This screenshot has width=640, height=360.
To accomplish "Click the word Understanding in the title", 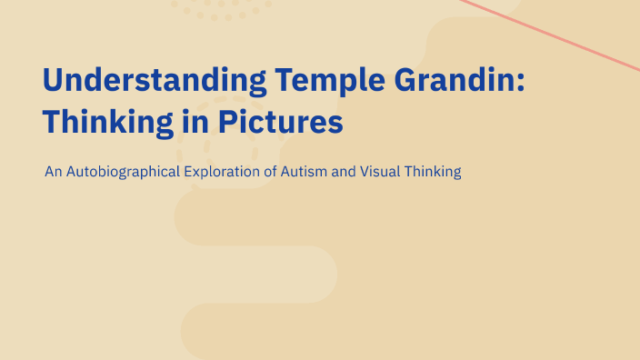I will click(x=155, y=81).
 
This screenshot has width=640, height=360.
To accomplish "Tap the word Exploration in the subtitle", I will click(x=226, y=171).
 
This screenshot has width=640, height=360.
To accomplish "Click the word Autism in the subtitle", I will click(x=305, y=171).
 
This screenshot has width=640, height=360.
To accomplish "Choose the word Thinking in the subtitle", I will click(x=432, y=171).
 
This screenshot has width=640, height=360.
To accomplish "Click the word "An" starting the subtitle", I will click(x=53, y=171).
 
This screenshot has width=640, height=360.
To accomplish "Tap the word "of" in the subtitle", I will click(x=274, y=171).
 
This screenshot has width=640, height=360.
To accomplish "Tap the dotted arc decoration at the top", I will click(x=223, y=13).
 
